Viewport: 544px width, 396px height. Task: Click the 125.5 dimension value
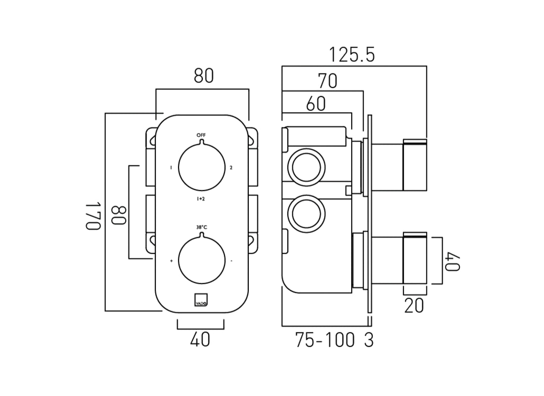[x=353, y=55]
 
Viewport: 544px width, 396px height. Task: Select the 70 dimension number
[x=327, y=81]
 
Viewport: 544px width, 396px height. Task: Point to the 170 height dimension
[x=94, y=215]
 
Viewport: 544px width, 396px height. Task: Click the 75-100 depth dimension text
[x=325, y=340]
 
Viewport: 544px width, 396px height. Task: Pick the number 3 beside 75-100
[x=368, y=340]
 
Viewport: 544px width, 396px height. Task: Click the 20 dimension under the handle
[x=414, y=305]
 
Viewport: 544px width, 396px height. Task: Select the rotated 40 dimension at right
[x=453, y=261]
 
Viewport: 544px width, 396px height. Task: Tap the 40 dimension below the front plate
[x=200, y=340]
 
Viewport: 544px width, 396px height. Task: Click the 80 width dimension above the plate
[x=203, y=76]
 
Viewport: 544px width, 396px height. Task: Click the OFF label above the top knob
[x=201, y=135]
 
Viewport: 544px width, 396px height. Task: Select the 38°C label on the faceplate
[x=201, y=227]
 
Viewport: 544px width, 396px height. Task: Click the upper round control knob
[x=201, y=167]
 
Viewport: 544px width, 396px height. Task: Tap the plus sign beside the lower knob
[x=171, y=260]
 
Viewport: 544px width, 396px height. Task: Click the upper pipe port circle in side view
[x=307, y=168]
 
